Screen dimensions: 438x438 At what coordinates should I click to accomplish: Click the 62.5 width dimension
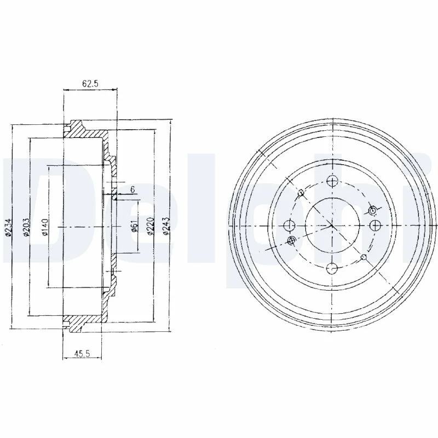tap(90, 84)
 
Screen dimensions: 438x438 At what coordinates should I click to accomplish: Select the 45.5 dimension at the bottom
tap(82, 354)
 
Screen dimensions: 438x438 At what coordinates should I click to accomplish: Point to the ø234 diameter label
tap(9, 226)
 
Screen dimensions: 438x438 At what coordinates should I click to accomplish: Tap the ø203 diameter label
tap(26, 227)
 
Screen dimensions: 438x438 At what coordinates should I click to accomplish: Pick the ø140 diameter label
tap(45, 227)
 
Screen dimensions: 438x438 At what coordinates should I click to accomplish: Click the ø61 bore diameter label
tap(134, 226)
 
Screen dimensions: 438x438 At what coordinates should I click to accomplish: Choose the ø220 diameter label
tap(150, 226)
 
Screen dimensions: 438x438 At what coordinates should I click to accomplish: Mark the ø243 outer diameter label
tap(166, 226)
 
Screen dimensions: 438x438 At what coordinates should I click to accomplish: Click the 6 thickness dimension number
tap(132, 189)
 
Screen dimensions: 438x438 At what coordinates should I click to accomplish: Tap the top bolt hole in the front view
tap(332, 181)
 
